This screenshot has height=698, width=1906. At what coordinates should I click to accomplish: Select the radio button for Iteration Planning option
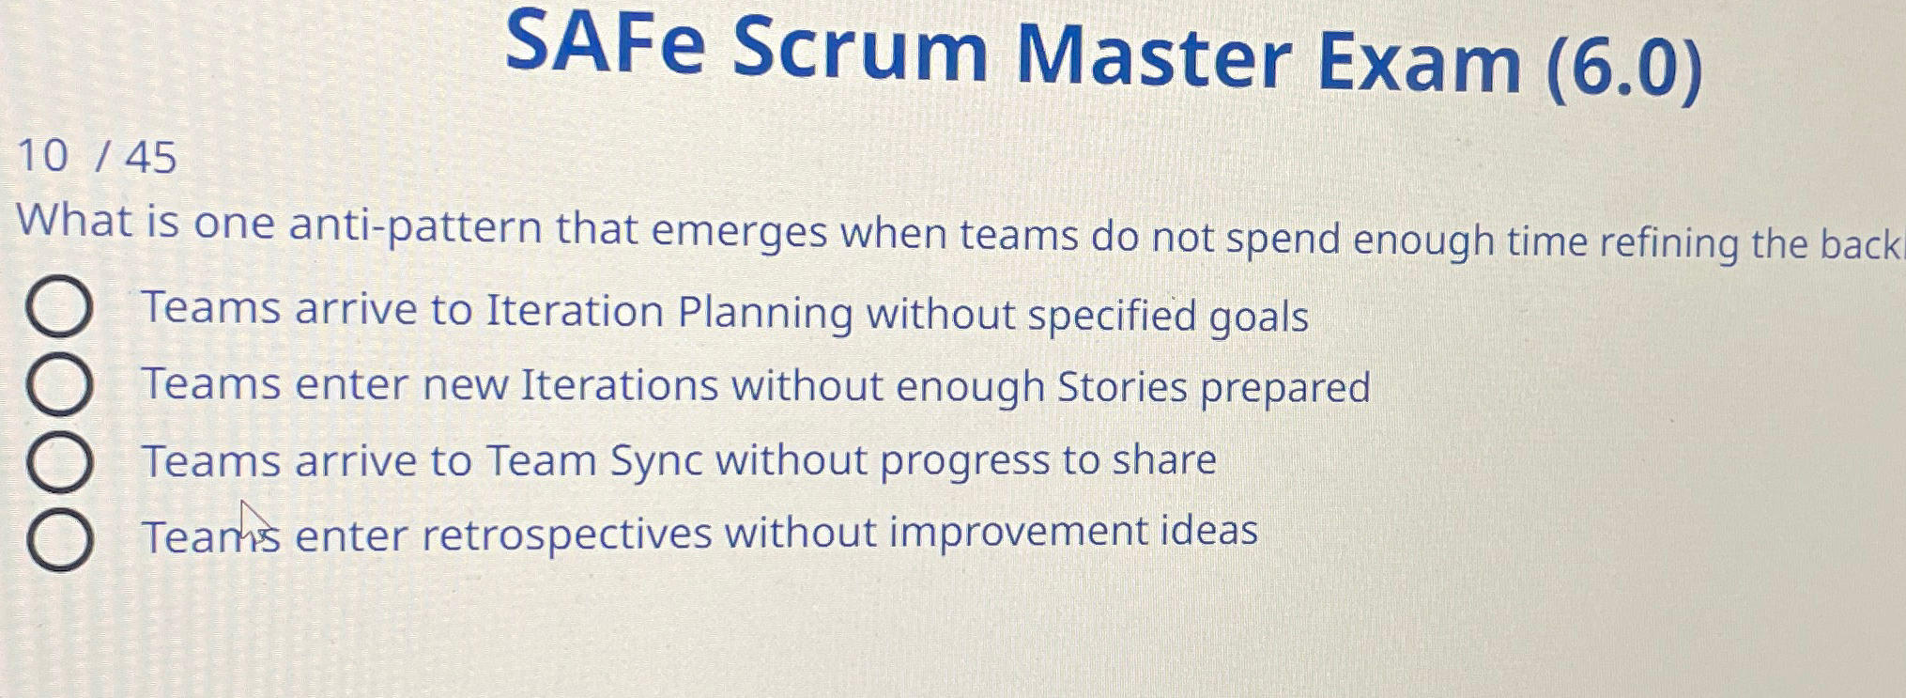point(58,307)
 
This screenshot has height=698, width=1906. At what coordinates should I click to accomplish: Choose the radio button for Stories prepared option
point(58,385)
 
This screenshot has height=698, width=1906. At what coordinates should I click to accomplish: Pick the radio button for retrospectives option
point(59,540)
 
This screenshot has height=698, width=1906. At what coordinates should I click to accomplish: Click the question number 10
point(42,155)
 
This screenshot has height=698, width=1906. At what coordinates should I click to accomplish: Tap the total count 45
point(150,157)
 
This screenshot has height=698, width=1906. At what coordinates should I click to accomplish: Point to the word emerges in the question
point(739,232)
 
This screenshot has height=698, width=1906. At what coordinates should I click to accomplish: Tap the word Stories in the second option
point(1122,387)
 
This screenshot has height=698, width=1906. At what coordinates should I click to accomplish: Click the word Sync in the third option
point(656,461)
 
